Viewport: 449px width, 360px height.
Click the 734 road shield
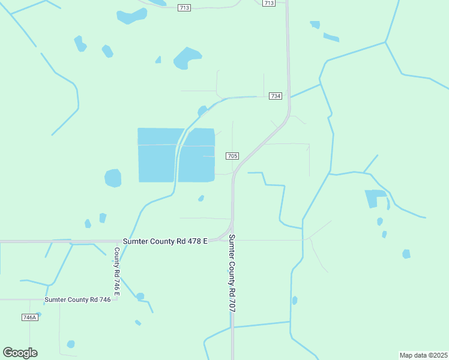tap(276, 96)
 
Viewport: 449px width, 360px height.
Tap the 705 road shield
tap(233, 156)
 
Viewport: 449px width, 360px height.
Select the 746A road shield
tap(29, 317)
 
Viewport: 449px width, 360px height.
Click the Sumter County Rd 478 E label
tap(165, 241)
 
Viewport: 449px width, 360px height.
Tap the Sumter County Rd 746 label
tap(77, 299)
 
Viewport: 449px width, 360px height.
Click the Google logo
tap(20, 352)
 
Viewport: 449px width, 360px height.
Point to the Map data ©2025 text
tap(423, 355)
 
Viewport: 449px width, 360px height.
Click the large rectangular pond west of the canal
tap(160, 155)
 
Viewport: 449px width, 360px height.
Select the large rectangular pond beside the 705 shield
tap(197, 155)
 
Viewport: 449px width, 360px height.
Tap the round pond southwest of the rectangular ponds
tap(113, 178)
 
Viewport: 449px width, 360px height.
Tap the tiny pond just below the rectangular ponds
tap(201, 198)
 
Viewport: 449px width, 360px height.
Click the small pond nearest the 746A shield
tap(71, 344)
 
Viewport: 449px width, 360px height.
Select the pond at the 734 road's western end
tap(202, 110)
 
